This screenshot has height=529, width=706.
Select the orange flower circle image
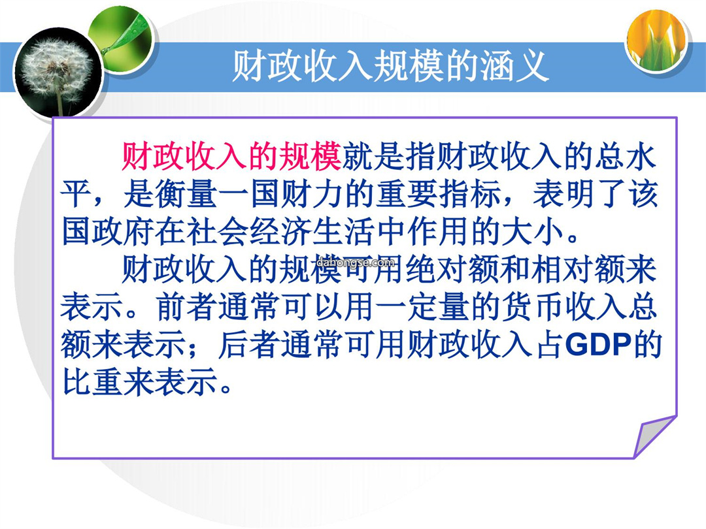tap(658, 40)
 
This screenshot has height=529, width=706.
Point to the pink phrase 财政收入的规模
tap(231, 157)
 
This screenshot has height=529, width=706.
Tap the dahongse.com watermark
tap(356, 263)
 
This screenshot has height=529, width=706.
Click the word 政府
tap(122, 232)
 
